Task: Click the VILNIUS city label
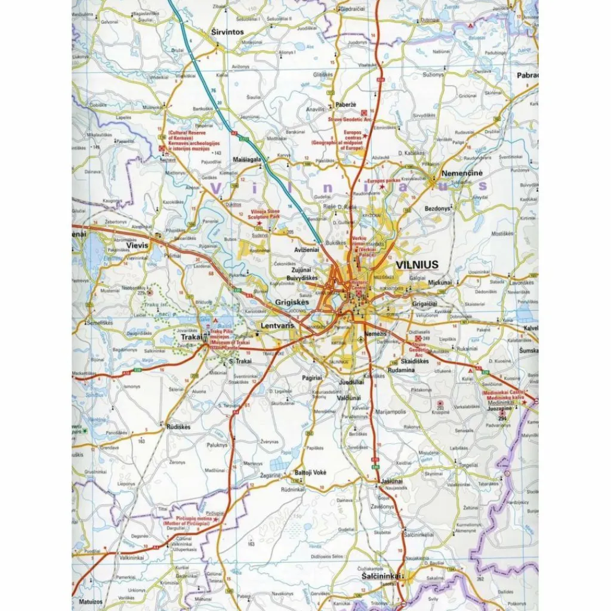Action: click(417, 264)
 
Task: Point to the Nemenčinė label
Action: click(461, 173)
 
